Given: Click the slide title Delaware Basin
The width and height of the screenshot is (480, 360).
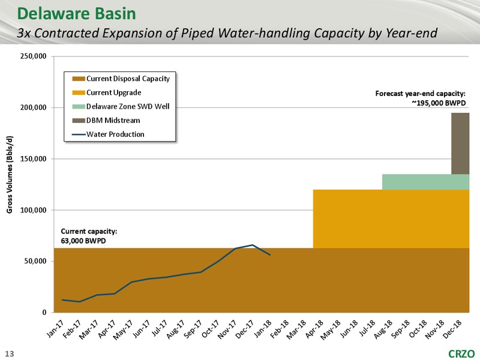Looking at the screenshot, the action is [x=77, y=13].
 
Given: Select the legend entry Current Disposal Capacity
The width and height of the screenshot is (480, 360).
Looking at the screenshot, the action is [x=121, y=79].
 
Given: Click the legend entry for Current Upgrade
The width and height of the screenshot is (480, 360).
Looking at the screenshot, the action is [x=107, y=92].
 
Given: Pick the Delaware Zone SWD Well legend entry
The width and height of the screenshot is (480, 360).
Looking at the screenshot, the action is [x=121, y=107].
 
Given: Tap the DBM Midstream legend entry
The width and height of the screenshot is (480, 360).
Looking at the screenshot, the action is [x=106, y=121].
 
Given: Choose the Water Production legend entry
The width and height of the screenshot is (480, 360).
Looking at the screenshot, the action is [x=109, y=134].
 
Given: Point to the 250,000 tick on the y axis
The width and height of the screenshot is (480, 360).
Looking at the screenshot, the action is [x=34, y=56].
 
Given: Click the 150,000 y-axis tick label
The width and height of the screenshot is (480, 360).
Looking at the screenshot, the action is [x=34, y=159].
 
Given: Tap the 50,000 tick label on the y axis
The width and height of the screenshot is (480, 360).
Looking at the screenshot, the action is [x=35, y=261].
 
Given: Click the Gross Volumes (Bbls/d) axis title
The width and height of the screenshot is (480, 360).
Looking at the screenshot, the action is [x=10, y=175].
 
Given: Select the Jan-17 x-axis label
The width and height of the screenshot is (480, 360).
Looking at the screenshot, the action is [x=55, y=328].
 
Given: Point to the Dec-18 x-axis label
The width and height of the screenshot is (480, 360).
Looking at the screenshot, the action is [x=452, y=328].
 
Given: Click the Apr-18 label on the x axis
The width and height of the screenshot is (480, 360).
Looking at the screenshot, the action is [x=314, y=328].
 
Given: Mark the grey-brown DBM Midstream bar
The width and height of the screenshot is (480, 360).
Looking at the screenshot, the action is [x=460, y=143].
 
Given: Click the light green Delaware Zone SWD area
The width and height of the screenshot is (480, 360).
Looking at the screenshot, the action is [x=425, y=182].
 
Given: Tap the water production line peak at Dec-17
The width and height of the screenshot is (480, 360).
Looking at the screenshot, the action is [x=252, y=245].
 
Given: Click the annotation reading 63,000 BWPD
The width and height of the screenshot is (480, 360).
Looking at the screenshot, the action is [x=83, y=241].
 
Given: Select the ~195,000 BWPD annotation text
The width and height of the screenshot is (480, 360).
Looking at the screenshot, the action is [x=439, y=103].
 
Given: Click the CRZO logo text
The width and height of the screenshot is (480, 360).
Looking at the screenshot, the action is [x=461, y=353].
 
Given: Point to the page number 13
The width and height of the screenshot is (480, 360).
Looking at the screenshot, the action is [x=10, y=354].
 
